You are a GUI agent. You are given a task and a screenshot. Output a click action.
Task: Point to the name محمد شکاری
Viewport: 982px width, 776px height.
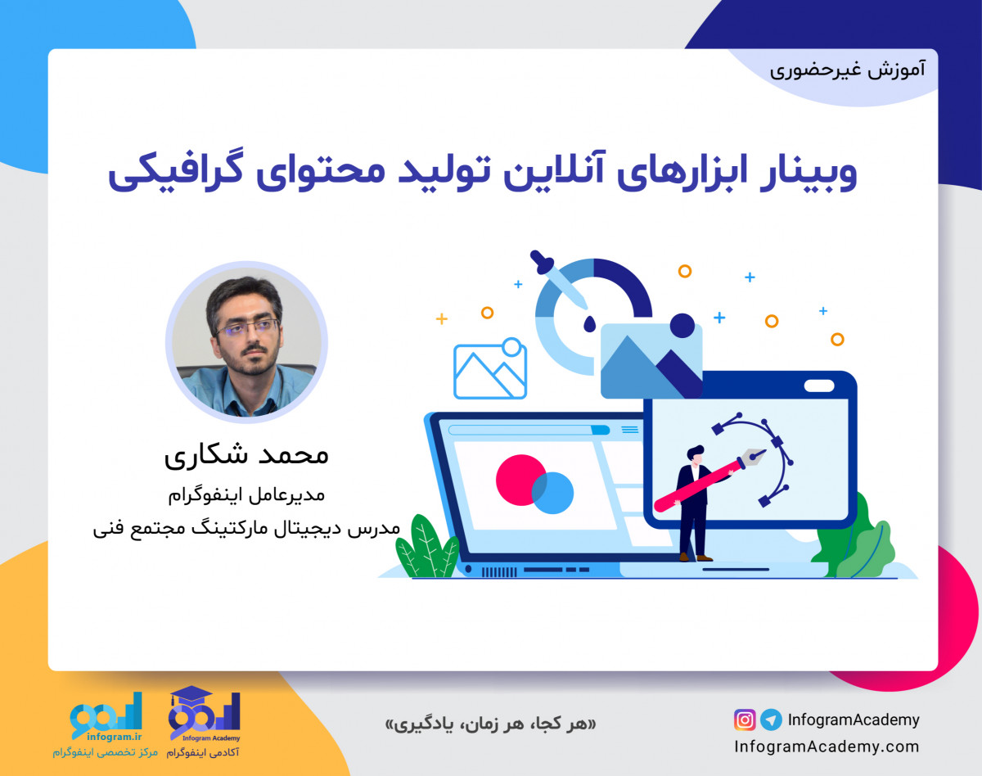246,455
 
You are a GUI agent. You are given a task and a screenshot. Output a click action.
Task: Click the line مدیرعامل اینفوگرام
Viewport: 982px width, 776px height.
246,494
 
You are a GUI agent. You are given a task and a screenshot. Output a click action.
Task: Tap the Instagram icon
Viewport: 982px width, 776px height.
745,720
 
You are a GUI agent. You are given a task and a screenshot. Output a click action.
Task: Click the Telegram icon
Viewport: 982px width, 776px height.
770,720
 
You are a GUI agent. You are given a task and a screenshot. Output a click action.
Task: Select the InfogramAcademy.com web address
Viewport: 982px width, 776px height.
827,747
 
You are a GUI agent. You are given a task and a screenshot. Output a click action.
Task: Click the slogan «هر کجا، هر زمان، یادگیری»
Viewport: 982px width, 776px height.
490,724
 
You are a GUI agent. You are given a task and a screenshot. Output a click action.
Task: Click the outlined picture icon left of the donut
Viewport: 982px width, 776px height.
489,369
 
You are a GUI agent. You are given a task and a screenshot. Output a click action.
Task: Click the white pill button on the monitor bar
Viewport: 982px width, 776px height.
818,386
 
